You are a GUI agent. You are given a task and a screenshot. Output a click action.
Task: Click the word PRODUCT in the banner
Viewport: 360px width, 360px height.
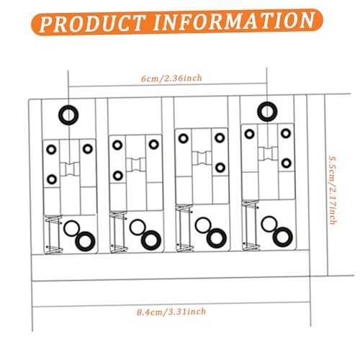coord(92,23)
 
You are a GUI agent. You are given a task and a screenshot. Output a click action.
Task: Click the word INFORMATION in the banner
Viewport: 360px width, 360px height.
coord(234,21)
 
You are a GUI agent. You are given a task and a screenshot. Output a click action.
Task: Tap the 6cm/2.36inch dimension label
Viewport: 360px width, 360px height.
coord(171,78)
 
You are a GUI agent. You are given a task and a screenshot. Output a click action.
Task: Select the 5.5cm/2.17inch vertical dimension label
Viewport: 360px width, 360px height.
coord(332,190)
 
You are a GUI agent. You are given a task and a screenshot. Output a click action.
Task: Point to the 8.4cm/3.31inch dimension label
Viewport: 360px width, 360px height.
coord(171,312)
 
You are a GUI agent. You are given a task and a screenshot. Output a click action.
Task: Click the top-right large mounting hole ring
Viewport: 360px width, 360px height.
coord(258,112)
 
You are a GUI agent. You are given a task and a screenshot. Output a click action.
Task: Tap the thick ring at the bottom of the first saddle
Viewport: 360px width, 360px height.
coord(76,241)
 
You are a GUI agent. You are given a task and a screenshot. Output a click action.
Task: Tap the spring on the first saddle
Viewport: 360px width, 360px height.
coord(54,234)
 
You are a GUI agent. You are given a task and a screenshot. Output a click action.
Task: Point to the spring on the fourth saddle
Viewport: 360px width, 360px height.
coord(251,225)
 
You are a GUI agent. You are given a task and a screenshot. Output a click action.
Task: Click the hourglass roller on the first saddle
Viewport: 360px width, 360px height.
coord(70,169)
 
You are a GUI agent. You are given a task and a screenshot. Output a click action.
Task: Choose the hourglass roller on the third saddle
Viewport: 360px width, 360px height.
coord(202,158)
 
